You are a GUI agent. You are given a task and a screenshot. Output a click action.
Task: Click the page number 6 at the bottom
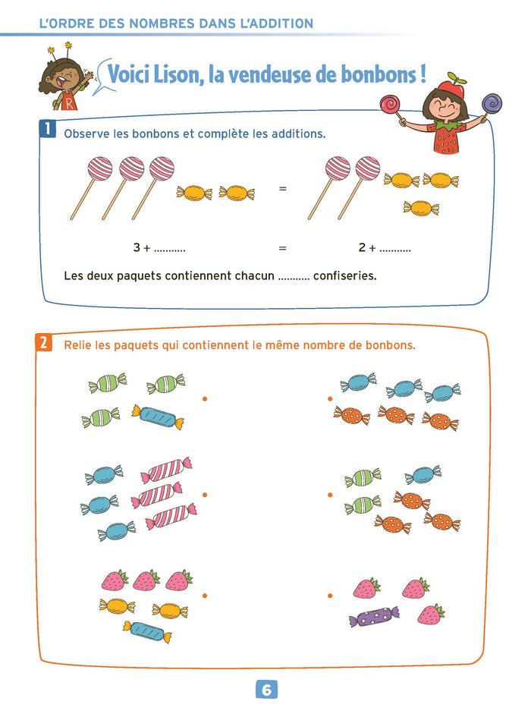tap(266, 690)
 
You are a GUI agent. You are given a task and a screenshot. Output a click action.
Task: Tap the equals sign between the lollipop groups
tap(283, 187)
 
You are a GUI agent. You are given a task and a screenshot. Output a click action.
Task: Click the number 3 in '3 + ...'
tap(137, 248)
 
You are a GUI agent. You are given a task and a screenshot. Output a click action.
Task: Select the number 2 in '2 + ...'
tap(362, 248)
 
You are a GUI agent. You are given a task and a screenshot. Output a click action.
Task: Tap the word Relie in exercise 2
tap(80, 345)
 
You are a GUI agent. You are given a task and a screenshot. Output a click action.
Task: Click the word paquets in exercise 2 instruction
tap(146, 345)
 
